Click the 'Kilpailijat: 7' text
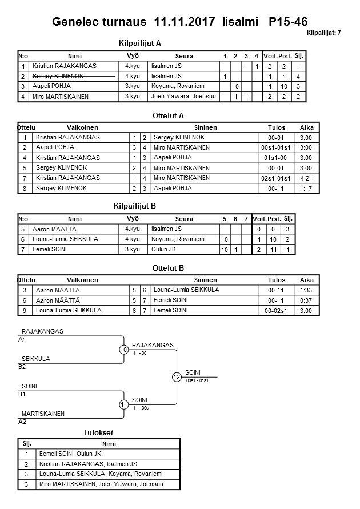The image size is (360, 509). pos(323,33)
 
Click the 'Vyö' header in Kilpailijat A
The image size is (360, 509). pos(133,56)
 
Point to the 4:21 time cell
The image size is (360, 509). pos(306,178)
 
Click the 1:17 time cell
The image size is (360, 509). pos(306,189)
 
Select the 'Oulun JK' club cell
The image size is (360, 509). pos(164,249)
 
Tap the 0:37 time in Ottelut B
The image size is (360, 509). pos(306,300)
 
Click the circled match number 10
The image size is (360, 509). pos(123,350)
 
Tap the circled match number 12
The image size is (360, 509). pos(177,377)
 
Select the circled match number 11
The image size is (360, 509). pos(123,404)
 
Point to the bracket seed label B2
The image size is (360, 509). pos(22,367)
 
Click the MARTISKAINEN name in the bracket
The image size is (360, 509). pos(43,414)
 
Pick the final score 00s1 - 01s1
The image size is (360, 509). pos(197,380)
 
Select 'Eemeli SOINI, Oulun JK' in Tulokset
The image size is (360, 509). pos(70,454)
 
